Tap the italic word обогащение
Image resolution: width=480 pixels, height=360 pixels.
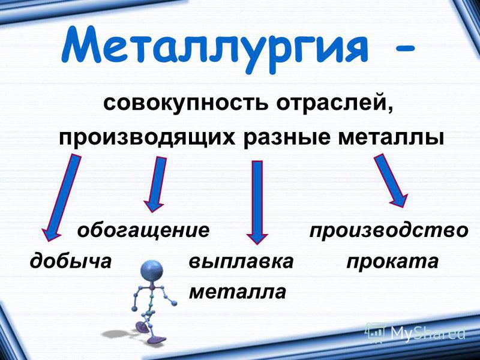tap(143, 230)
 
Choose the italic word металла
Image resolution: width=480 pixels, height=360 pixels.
tap(238, 292)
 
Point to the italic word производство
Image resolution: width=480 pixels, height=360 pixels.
tap(389, 230)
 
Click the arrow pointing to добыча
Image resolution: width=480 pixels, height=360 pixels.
tap(61, 197)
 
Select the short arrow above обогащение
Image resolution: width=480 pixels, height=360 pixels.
tap(155, 184)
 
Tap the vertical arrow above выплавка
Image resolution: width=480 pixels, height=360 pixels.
tap(257, 203)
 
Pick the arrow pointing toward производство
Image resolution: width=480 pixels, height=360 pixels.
tap(391, 181)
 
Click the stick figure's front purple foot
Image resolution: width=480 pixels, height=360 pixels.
tap(157, 339)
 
